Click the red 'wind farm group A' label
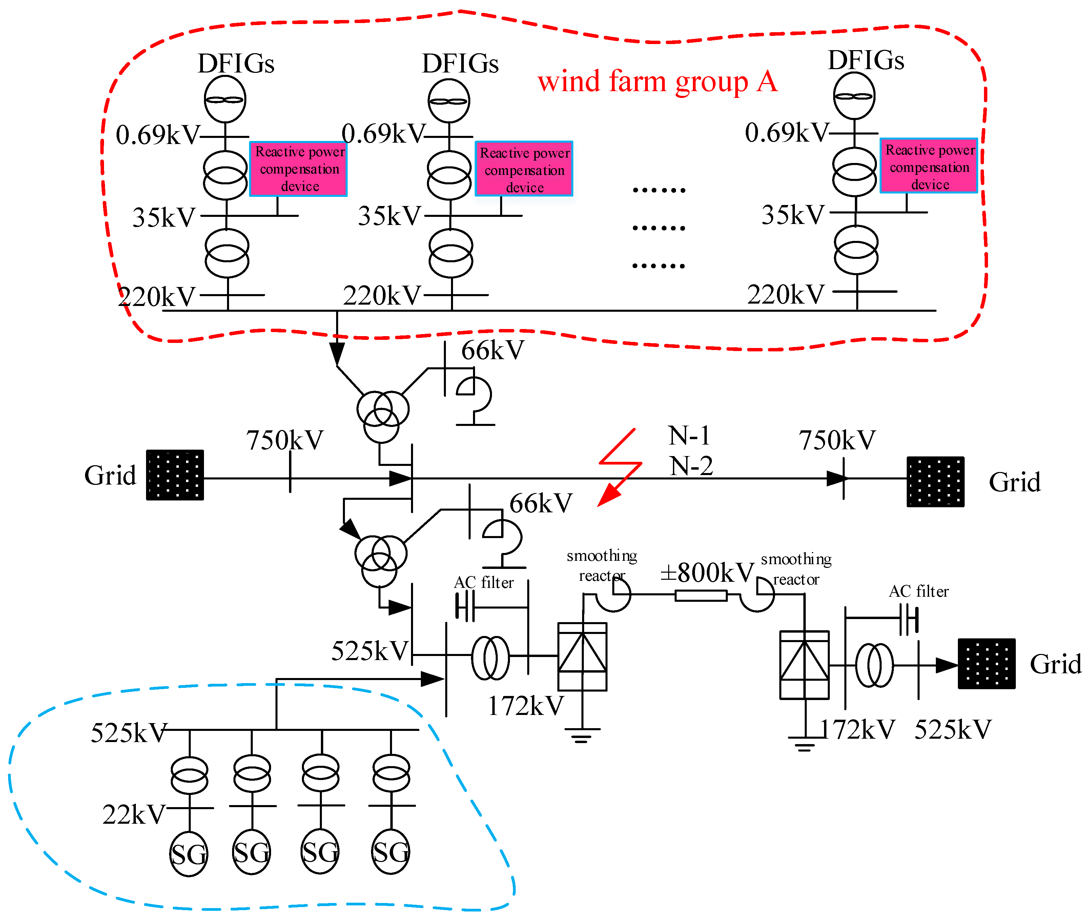coord(657,82)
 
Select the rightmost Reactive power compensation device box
coord(928,166)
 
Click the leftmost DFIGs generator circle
coord(225,99)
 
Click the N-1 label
coord(689,435)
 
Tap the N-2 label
coord(691,466)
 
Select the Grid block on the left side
coord(175,475)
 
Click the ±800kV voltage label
coord(706,572)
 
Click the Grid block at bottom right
coord(986,663)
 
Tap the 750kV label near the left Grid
coord(285,440)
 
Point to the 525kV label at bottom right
coord(952,730)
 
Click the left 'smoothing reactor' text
coord(602,565)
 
